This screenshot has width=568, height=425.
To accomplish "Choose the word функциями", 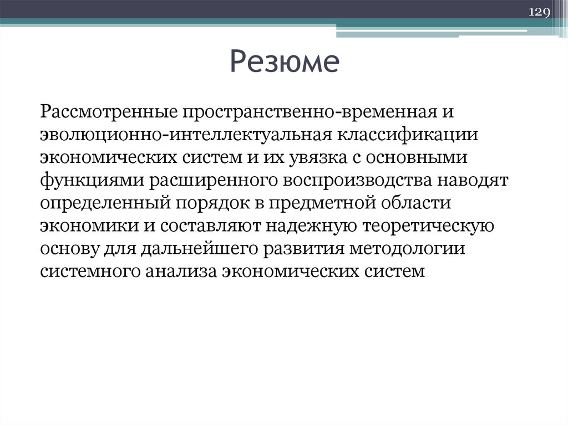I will [x=84, y=181].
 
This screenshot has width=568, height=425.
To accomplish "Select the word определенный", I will [x=103, y=204].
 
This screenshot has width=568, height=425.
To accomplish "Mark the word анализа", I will [x=181, y=272].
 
